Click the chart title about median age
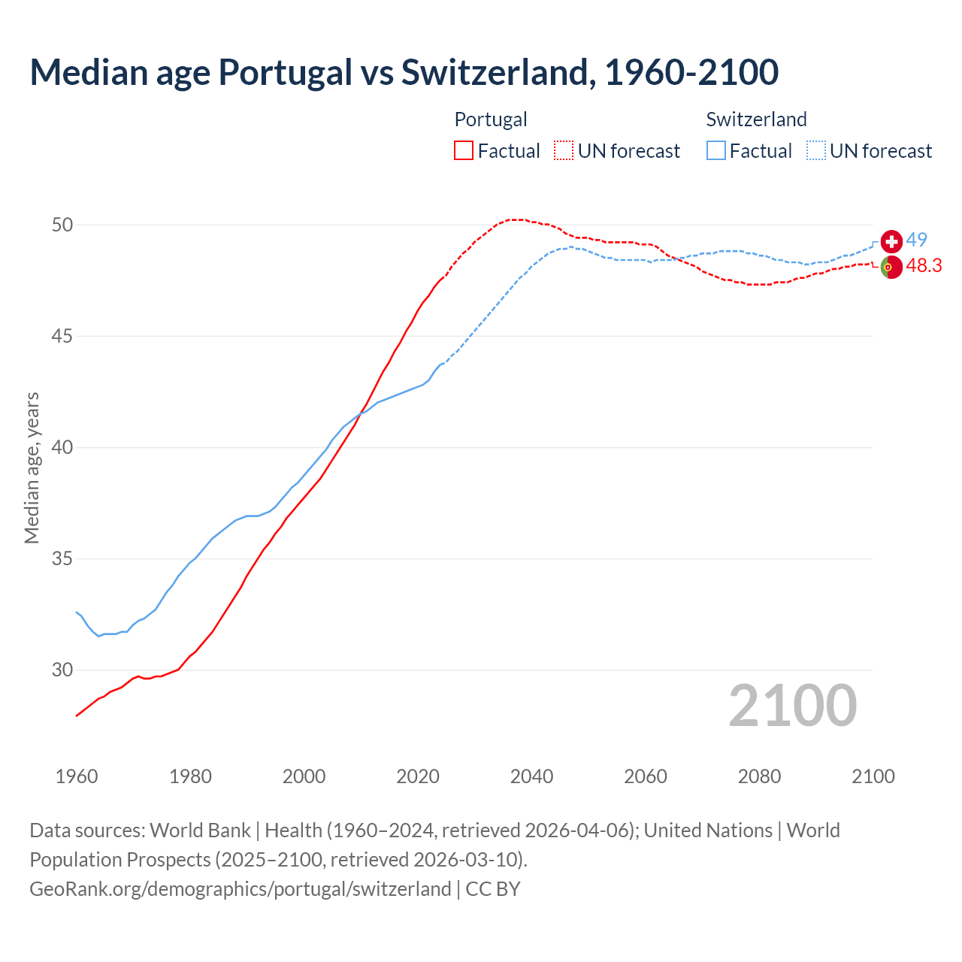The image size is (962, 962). [x=404, y=72]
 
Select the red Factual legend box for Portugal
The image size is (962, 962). [x=464, y=150]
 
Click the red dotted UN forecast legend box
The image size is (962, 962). [x=564, y=150]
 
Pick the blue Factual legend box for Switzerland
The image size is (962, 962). [x=716, y=150]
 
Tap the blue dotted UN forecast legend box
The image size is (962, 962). [x=816, y=150]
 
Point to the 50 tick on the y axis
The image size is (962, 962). [x=62, y=225]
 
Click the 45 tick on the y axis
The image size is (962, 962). [x=62, y=336]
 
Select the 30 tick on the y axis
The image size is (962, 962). [x=62, y=670]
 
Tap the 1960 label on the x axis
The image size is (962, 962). [x=77, y=776]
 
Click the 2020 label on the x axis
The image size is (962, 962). [x=418, y=776]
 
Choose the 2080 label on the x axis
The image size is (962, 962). [x=759, y=776]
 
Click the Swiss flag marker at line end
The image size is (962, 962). [x=891, y=241]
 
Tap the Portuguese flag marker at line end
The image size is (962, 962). [x=891, y=267]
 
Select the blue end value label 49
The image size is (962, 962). [x=916, y=240]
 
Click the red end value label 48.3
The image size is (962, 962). [x=924, y=265]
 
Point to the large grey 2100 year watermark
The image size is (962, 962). [x=792, y=706]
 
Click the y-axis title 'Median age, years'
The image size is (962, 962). [x=32, y=467]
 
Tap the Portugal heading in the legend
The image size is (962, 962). [x=491, y=119]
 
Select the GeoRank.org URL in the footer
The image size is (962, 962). [x=240, y=888]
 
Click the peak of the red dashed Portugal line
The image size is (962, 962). [x=515, y=219]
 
